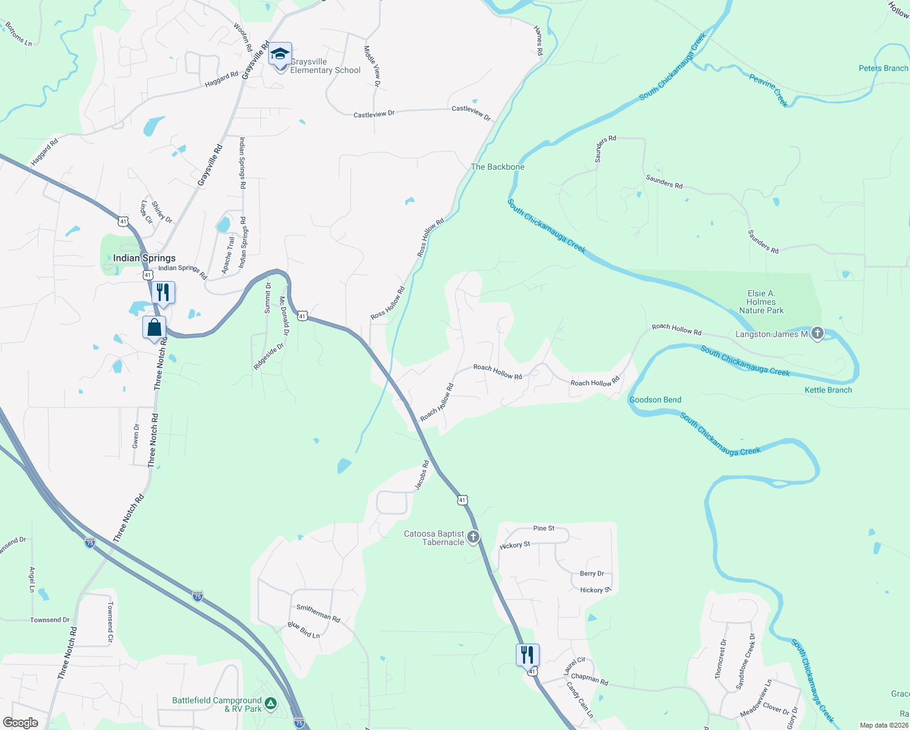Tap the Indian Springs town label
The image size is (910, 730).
[144, 258]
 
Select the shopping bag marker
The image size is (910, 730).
[155, 328]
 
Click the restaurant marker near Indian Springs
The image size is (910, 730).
[162, 293]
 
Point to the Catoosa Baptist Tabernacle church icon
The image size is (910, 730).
[473, 537]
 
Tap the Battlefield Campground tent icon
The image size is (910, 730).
[270, 704]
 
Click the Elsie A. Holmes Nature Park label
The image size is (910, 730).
[761, 302]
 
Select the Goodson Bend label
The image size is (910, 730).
[655, 400]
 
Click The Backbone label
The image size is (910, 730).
[497, 167]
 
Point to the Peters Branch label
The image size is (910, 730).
[883, 68]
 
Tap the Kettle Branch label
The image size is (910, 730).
[828, 390]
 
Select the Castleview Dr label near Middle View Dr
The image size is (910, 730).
[374, 114]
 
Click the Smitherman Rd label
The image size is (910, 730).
[318, 613]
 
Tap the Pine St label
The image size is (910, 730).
[543, 528]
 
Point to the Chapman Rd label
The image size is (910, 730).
[589, 679]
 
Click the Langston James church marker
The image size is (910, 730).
[818, 333]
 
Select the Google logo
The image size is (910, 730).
[20, 722]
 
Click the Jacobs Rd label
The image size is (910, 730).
[422, 474]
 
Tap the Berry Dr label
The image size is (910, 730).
[592, 574]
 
